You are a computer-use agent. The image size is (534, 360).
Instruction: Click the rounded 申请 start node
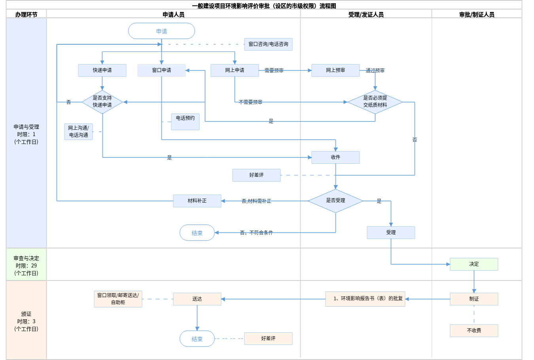coord(161,31)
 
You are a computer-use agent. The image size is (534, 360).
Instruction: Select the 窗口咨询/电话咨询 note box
coord(268,44)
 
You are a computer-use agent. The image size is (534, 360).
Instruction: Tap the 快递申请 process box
coord(102,70)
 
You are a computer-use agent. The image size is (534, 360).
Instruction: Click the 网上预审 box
coord(335,70)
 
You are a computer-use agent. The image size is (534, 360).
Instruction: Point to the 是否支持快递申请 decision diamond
coord(102,102)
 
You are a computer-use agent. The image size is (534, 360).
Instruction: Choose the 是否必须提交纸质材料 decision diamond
coord(375,102)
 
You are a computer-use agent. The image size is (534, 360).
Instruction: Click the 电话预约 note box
coord(185,121)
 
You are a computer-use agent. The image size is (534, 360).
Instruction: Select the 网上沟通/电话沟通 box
coord(78,132)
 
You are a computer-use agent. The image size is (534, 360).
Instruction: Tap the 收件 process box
coord(335,157)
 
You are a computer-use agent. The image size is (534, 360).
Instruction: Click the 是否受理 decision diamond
coord(335,201)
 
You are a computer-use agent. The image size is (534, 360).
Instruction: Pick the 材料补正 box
coord(197,201)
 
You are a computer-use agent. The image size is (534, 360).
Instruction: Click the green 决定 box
coord(474,264)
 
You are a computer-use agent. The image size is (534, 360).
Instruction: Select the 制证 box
coord(474,299)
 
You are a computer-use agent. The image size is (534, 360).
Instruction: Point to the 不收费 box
coord(474,331)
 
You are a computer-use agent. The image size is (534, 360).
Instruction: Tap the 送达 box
coord(197,299)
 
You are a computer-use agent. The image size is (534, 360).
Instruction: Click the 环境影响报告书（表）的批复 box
coord(365,299)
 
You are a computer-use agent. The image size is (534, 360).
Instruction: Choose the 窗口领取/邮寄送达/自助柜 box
coord(118,299)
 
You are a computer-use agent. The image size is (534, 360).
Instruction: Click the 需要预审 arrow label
coord(274,70)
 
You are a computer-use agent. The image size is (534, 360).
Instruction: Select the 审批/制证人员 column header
coord(477,15)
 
